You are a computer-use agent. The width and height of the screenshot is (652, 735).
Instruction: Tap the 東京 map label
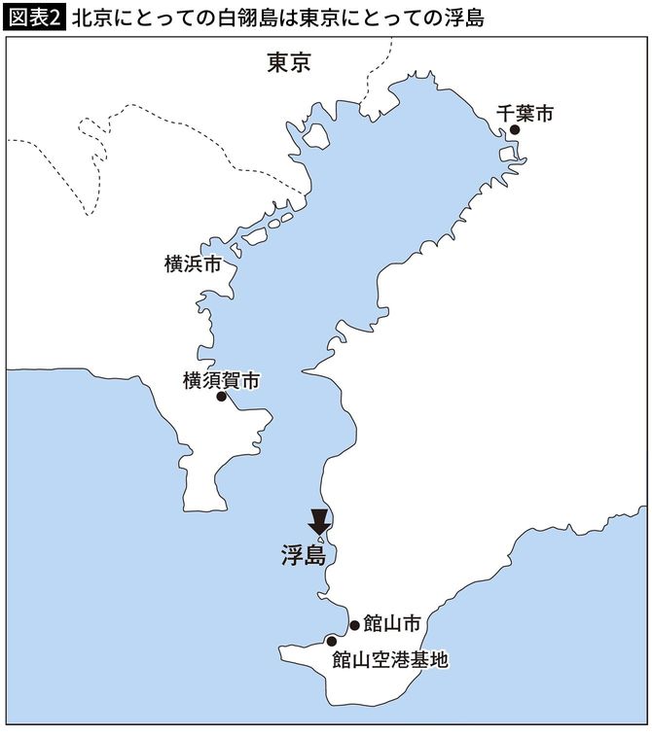[289, 63]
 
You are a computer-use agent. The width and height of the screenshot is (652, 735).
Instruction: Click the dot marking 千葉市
[516, 129]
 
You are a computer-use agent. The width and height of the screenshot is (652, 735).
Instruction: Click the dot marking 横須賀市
[222, 397]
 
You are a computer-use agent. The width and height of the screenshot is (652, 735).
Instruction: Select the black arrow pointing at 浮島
[319, 521]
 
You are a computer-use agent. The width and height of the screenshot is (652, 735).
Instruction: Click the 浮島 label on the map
[301, 556]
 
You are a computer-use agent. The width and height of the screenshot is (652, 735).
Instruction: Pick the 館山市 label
[393, 624]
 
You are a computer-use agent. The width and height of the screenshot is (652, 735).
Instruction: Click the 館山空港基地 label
[390, 659]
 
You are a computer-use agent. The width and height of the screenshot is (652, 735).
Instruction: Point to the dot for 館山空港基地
[332, 641]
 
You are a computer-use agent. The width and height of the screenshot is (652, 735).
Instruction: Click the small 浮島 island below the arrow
[321, 541]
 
